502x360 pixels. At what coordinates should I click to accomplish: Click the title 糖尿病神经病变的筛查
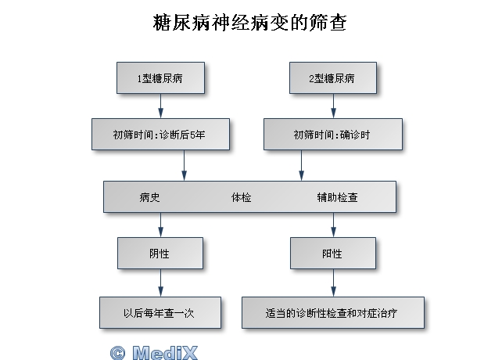(x=249, y=23)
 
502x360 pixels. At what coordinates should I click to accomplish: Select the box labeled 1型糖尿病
(x=160, y=78)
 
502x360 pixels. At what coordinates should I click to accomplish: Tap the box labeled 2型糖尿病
(x=333, y=78)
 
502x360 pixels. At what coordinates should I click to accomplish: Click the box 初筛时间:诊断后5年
(x=160, y=135)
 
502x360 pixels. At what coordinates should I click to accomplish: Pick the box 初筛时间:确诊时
(x=333, y=135)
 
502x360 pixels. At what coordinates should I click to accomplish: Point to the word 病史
(x=149, y=197)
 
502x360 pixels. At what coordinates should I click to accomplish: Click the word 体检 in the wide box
(x=241, y=197)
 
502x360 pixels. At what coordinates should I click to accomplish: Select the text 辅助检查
(x=337, y=197)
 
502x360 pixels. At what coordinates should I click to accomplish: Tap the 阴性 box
(x=160, y=254)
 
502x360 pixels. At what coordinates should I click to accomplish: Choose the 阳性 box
(x=333, y=254)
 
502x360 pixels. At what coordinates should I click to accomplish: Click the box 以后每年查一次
(x=160, y=312)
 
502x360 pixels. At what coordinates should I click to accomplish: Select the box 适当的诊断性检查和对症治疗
(x=333, y=312)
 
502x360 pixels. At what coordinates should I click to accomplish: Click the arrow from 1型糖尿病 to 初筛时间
(x=161, y=106)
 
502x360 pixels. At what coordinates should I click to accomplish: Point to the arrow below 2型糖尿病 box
(x=333, y=106)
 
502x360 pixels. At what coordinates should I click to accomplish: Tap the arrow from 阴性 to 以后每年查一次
(x=161, y=283)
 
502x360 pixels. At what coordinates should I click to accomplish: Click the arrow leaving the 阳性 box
(x=333, y=283)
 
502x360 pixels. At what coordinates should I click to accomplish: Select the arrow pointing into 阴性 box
(x=161, y=225)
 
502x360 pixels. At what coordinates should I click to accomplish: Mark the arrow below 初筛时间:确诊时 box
(x=301, y=166)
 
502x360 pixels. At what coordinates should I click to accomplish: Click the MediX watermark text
(x=165, y=353)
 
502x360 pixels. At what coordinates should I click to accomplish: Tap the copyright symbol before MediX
(x=117, y=353)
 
